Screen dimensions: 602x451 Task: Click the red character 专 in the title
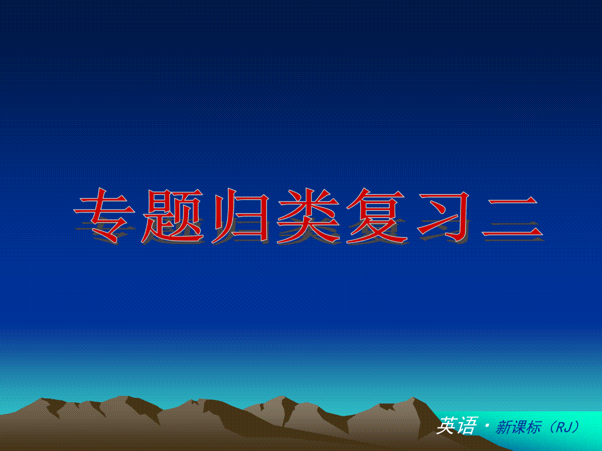(x=104, y=215)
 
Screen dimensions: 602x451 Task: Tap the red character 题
(x=173, y=215)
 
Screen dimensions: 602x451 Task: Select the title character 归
(x=240, y=215)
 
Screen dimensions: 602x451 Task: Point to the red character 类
(x=308, y=215)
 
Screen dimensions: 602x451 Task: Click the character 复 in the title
(x=377, y=215)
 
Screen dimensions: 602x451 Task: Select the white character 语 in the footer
(x=467, y=425)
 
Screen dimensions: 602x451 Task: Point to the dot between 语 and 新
(x=487, y=425)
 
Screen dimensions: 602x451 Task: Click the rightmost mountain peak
(x=412, y=398)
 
